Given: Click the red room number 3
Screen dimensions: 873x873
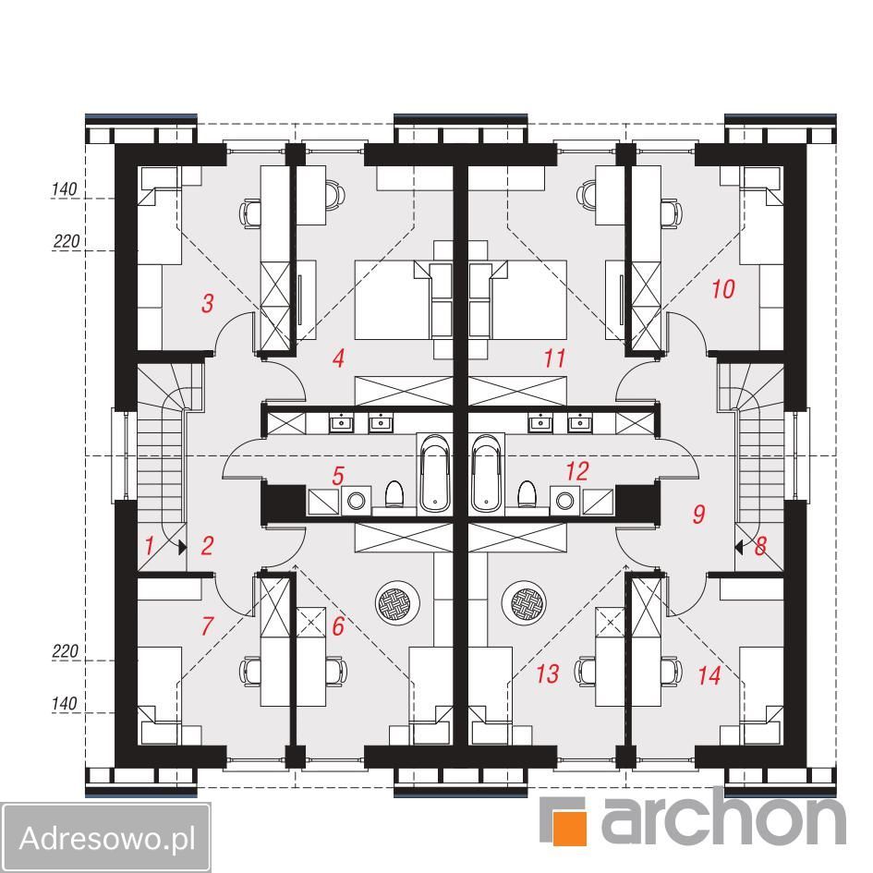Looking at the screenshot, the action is pos(208,303).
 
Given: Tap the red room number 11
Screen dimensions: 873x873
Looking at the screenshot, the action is pos(554,358).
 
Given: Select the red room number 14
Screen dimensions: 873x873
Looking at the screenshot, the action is pos(709,675).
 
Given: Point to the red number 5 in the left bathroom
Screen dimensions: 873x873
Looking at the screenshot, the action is pos(338,476).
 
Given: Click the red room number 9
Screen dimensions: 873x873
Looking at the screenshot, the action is pos(698,514).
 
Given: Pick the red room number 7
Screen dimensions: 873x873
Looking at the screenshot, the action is pos(207,625).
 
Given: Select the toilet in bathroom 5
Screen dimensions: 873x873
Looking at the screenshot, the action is pos(394,494).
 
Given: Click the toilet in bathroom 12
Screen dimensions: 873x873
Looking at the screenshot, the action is pos(527,494).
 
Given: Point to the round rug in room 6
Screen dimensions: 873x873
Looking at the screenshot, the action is pos(397,602).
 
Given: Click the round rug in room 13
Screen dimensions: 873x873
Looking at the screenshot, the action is pos(524,602).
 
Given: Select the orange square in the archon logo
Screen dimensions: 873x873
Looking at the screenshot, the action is pos(569,828).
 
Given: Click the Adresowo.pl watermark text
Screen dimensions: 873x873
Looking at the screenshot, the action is pos(107,837).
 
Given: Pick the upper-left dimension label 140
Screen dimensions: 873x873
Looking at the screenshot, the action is pos(64,189).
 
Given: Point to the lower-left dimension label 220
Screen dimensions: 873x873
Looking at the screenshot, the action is pos(66,651).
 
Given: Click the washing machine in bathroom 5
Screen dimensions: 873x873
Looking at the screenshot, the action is pos(357,500).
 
